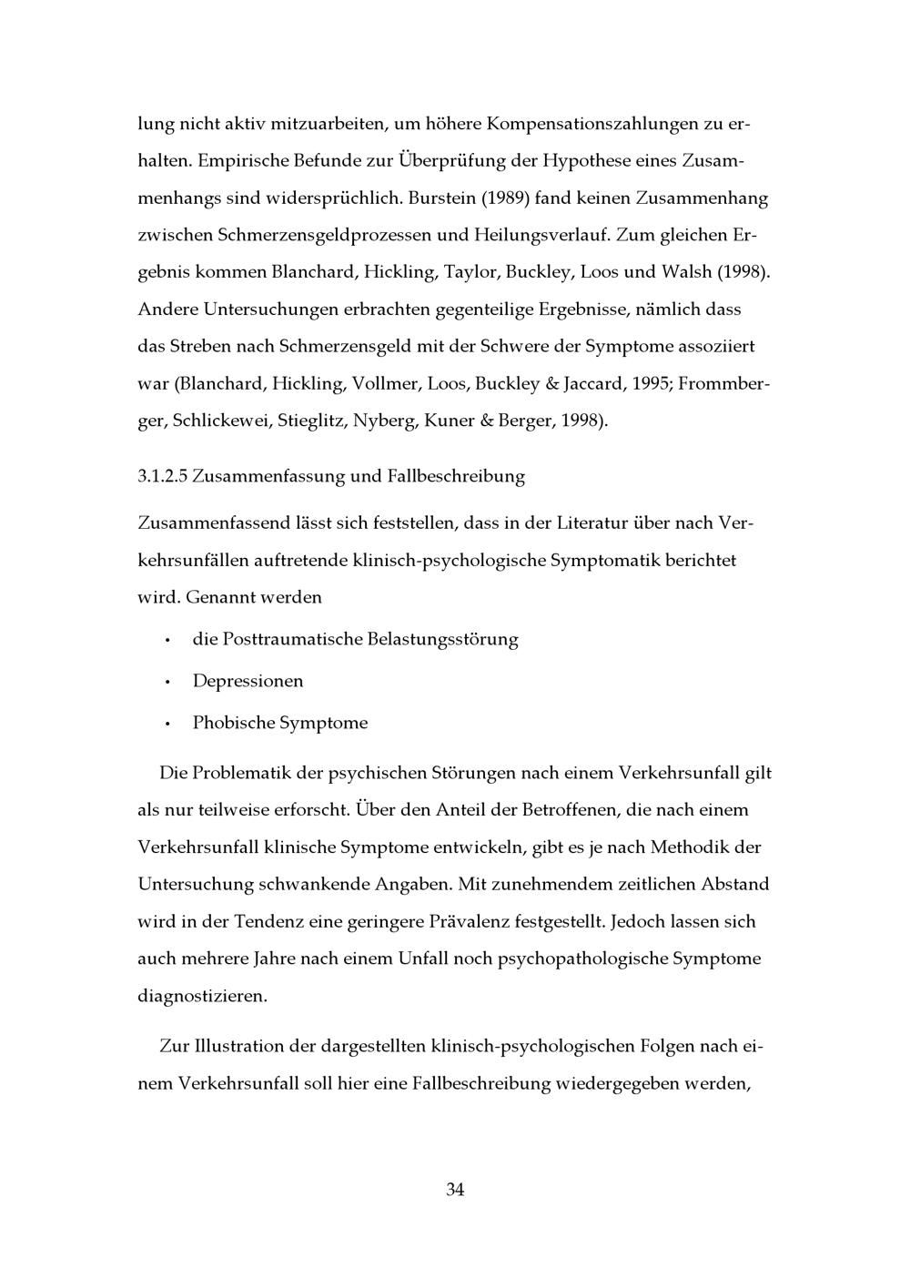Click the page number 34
coord(455,1190)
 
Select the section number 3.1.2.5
coord(162,476)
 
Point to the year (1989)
coord(500,198)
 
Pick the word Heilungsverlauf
coord(541,235)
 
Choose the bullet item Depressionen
coord(248,681)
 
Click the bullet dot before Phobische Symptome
coord(168,724)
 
